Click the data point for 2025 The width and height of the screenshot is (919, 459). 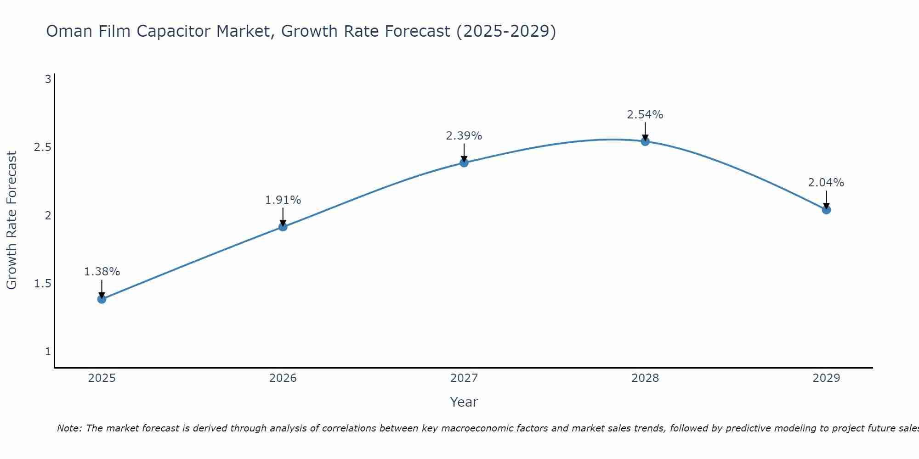[x=102, y=299]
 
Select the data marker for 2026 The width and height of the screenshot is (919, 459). [x=283, y=227]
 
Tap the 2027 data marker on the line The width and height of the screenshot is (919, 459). [x=464, y=162]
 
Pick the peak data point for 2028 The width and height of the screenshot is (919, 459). [x=645, y=141]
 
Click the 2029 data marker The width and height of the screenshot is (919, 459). [x=826, y=210]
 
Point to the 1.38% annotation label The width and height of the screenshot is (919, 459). [x=102, y=272]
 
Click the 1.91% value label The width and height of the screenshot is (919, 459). [x=283, y=200]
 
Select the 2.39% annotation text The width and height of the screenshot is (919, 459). [x=464, y=136]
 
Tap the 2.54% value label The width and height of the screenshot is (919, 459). [x=645, y=115]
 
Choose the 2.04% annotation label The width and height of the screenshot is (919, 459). [x=826, y=183]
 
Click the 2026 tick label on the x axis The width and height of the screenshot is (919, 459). [x=283, y=378]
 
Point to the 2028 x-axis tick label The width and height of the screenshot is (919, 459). [x=645, y=378]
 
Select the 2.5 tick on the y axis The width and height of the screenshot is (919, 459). [x=42, y=147]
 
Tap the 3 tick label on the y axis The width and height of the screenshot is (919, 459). [x=48, y=79]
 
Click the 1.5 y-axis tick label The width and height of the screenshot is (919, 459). [x=42, y=284]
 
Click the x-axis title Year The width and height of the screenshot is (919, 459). [x=464, y=402]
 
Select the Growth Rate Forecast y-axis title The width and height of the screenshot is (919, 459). [x=12, y=220]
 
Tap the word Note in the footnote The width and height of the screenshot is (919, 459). [x=69, y=428]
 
